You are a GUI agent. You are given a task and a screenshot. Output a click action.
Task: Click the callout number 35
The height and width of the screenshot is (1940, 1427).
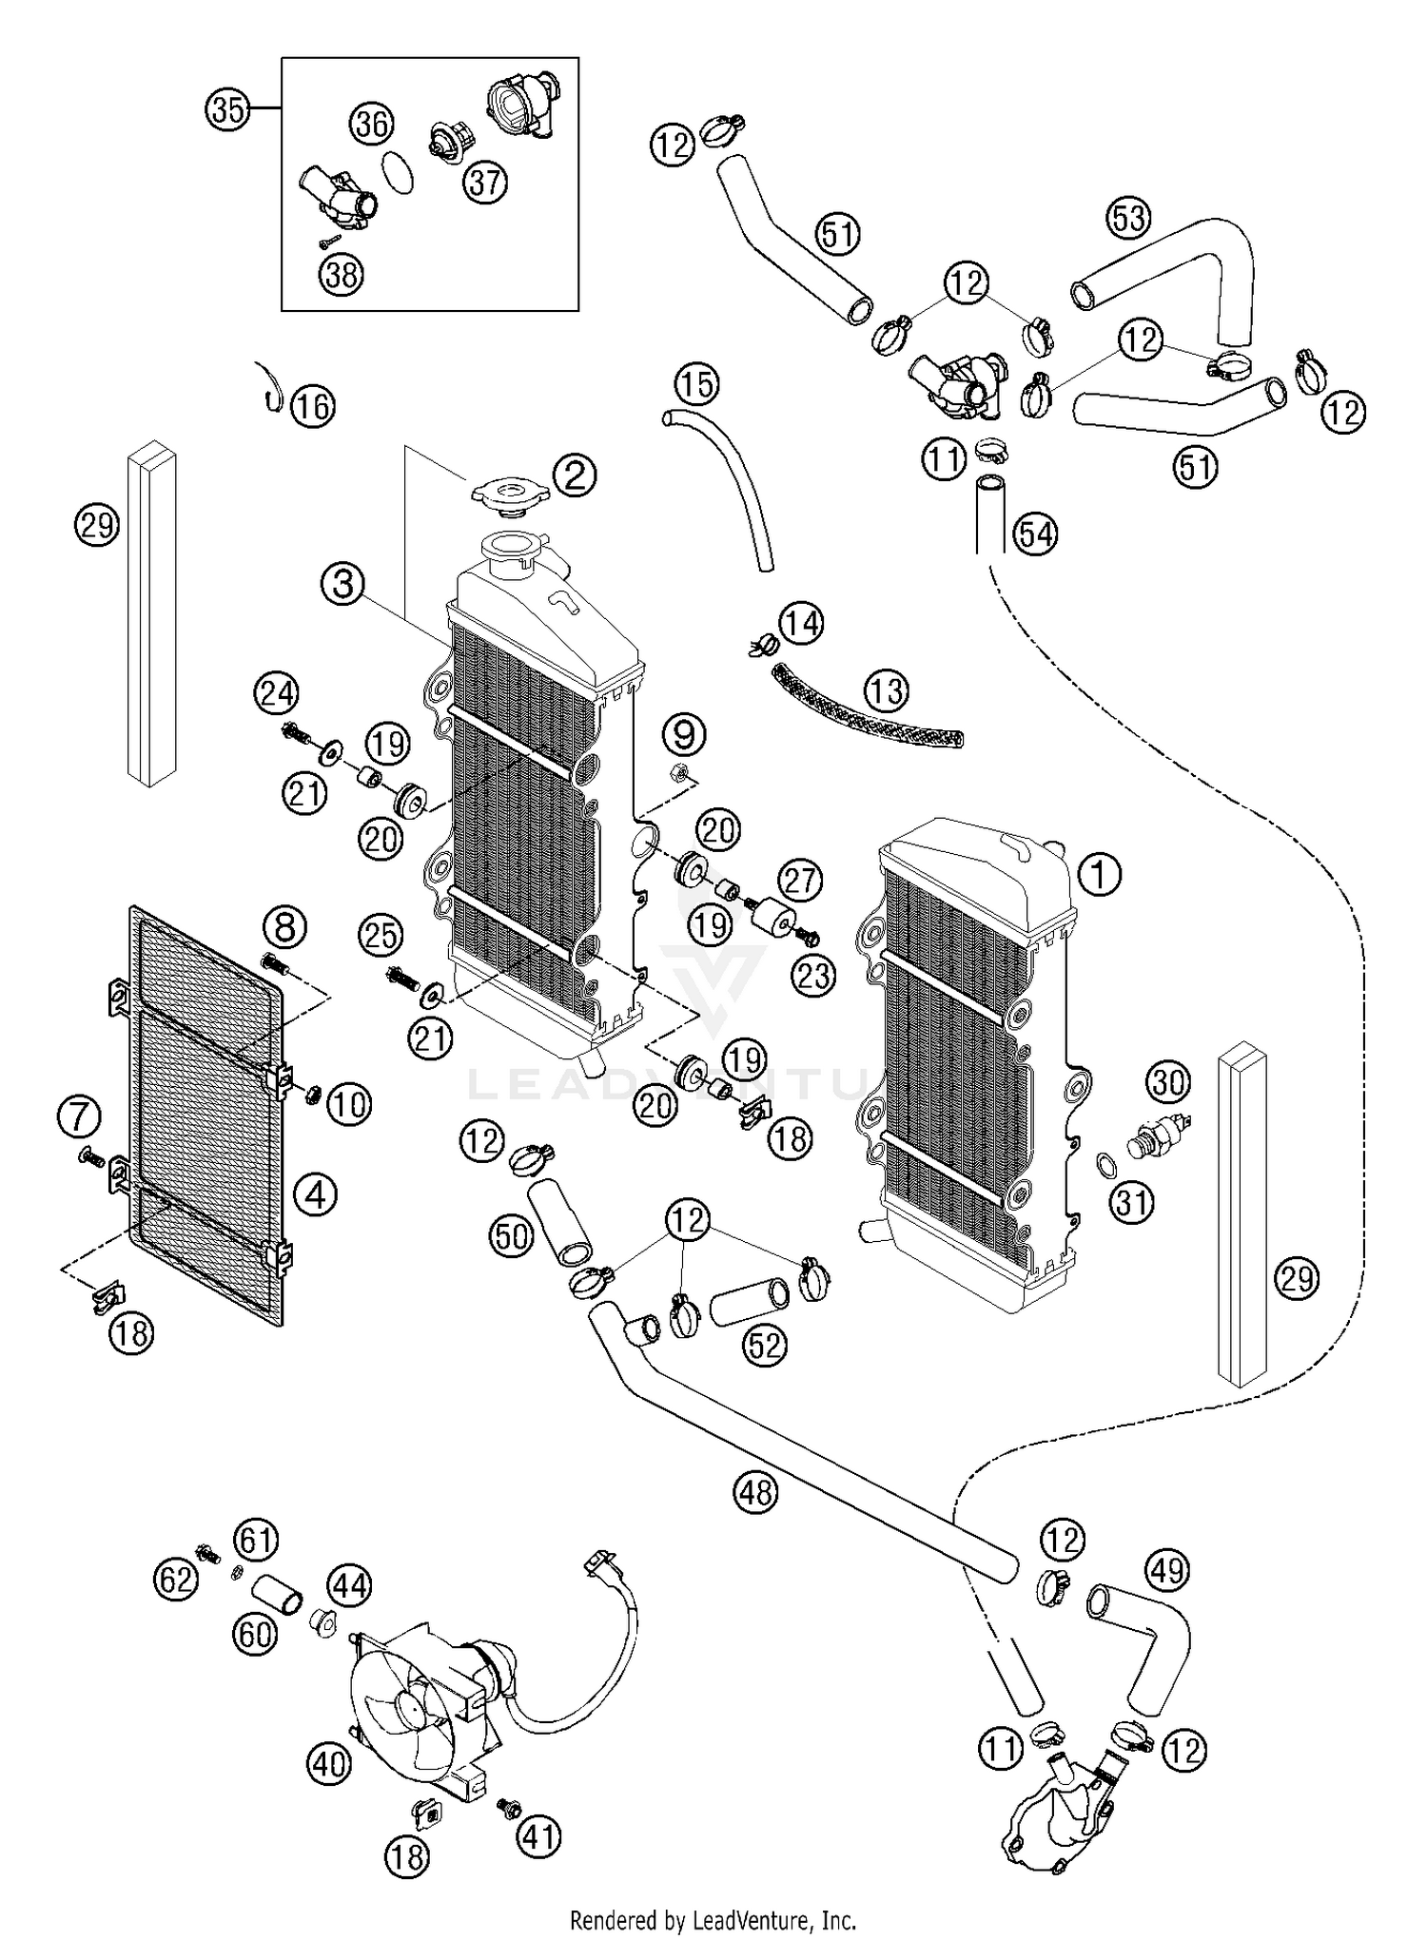point(227,110)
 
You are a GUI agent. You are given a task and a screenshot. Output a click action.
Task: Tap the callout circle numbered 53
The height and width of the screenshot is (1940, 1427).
point(1128,219)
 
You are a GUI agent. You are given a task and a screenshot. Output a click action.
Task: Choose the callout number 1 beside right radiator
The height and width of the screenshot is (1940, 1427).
point(1100,873)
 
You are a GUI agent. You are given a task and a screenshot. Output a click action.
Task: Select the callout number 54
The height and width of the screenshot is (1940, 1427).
point(1035,534)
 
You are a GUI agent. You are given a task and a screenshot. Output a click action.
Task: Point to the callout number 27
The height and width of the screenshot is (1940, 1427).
point(800,881)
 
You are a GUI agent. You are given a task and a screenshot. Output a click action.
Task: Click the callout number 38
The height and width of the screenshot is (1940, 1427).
point(341,274)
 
